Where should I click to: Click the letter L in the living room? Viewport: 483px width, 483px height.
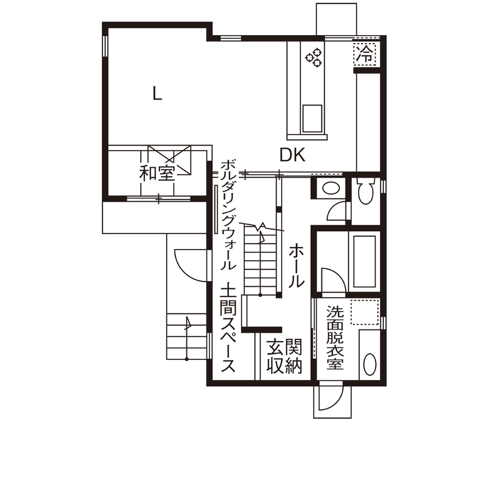click(x=157, y=93)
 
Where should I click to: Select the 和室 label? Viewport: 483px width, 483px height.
click(x=157, y=173)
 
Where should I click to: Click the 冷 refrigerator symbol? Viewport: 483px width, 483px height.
click(x=365, y=55)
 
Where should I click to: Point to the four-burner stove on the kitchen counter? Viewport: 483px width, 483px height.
click(x=314, y=56)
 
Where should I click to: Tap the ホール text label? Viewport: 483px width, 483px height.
click(x=296, y=265)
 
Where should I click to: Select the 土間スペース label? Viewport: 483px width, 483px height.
click(x=228, y=328)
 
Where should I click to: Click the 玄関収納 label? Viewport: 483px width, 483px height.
click(x=285, y=356)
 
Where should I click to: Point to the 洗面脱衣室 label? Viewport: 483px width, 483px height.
click(x=335, y=337)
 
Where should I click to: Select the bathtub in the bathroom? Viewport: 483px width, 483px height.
click(x=362, y=262)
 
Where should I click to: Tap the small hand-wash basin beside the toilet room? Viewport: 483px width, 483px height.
click(x=329, y=187)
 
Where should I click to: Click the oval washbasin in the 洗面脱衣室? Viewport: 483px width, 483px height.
click(x=370, y=363)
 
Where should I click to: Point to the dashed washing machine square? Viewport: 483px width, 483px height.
click(x=365, y=314)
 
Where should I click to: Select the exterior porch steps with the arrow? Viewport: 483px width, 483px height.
click(x=186, y=336)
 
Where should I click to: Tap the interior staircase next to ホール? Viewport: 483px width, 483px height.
click(x=261, y=259)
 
